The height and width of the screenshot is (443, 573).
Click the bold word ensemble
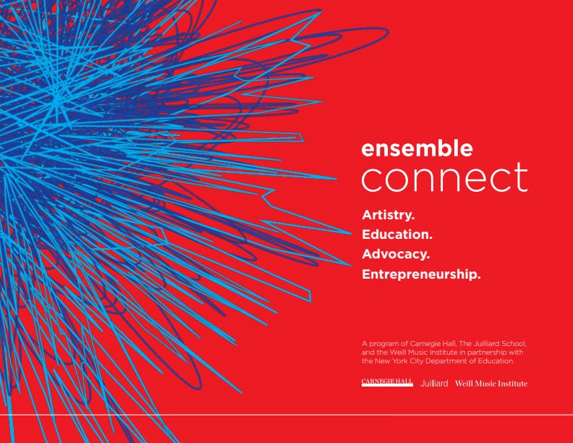[417, 148]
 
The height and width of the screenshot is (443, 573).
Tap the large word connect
[445, 177]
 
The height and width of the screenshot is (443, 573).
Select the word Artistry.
[388, 215]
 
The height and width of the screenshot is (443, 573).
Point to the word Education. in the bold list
[397, 235]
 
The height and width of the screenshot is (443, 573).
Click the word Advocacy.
[396, 254]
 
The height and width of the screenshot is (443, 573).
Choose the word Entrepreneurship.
[421, 274]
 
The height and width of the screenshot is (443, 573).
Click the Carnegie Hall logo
[387, 382]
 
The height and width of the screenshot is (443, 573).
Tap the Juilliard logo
[434, 384]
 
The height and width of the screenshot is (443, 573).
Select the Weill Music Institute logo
[491, 384]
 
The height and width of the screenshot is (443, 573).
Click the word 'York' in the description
[400, 361]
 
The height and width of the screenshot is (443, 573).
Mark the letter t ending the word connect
[522, 177]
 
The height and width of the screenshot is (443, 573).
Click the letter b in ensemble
[446, 148]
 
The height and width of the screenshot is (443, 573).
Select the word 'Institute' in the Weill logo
[513, 384]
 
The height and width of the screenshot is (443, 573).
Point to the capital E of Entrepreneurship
[365, 274]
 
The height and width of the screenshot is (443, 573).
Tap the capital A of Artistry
[367, 215]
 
